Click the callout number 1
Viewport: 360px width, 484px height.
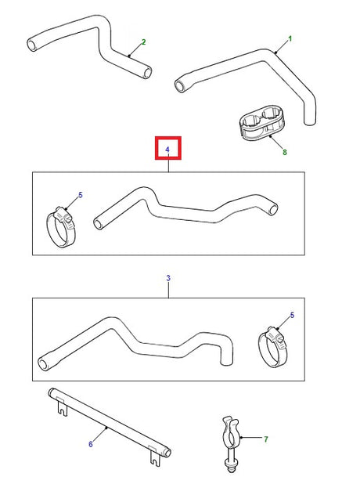coord(290,38)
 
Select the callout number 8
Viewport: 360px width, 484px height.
coord(285,151)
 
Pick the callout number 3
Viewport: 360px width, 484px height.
coord(168,277)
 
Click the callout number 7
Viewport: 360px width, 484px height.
coord(265,439)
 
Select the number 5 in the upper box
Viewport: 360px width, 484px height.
coord(79,194)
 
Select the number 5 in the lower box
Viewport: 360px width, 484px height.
coord(293,315)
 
